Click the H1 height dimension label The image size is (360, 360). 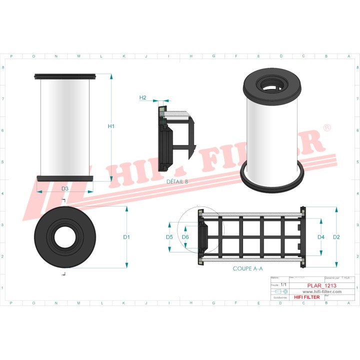(111, 126)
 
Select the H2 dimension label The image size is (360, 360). (142, 97)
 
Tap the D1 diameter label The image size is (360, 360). (126, 236)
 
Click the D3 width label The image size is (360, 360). (65, 188)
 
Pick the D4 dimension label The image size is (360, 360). (321, 236)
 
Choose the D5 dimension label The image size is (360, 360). (169, 236)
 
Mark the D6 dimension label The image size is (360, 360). (185, 236)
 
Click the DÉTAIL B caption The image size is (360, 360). (177, 181)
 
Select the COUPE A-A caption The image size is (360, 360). (247, 268)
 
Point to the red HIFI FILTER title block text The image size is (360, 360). (306, 297)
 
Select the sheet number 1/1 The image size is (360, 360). (283, 284)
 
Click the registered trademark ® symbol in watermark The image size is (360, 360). (327, 128)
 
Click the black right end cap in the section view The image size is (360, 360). (302, 237)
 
